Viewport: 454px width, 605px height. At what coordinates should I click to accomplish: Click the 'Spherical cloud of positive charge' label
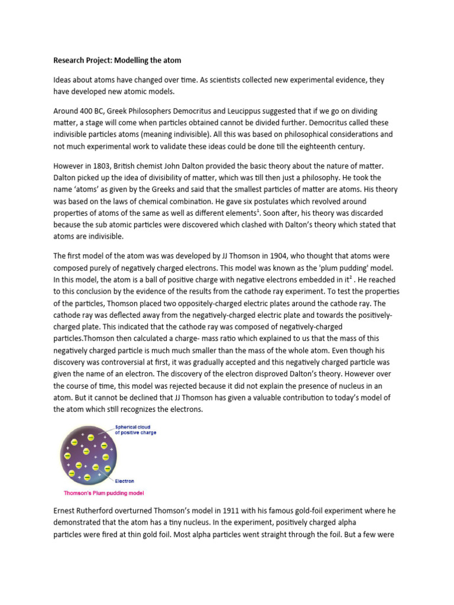pos(135,435)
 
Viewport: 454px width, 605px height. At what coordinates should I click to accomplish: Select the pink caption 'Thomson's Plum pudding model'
pos(103,493)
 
